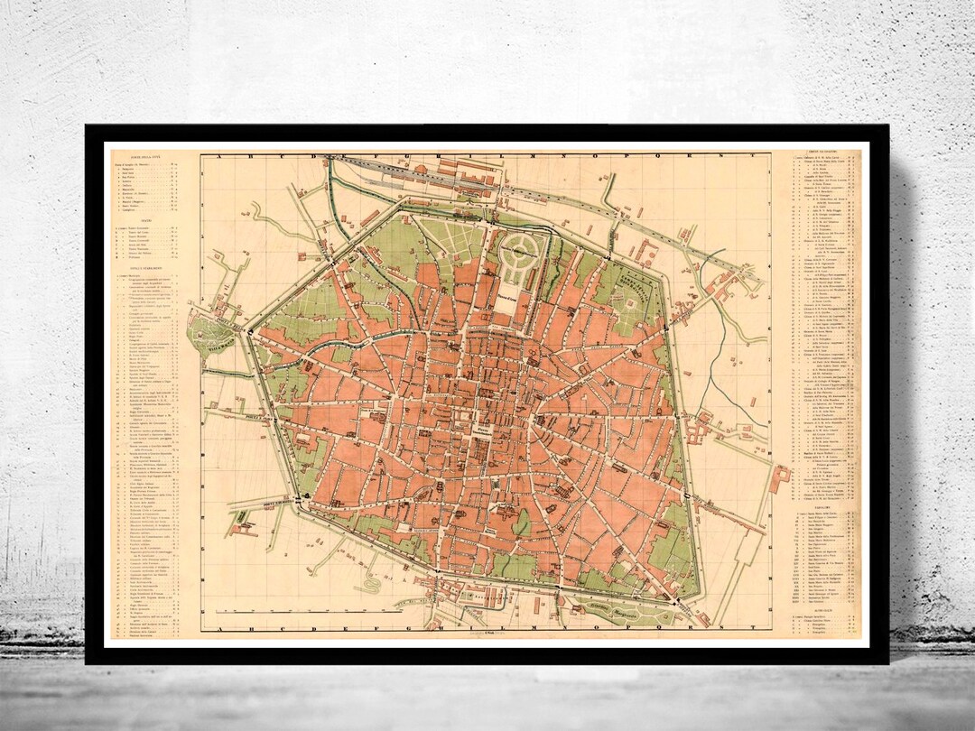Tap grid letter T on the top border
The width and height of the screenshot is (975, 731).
point(753,156)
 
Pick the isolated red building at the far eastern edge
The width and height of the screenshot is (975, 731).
point(780,478)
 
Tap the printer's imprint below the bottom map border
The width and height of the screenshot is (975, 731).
point(487,635)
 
